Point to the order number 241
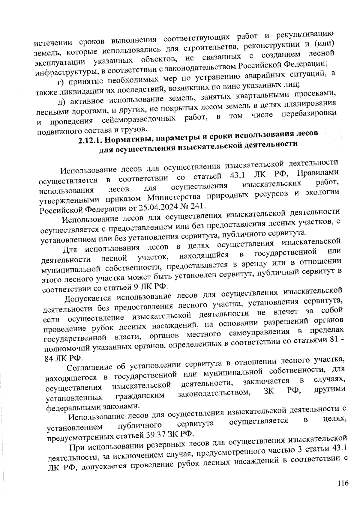coord(198,205)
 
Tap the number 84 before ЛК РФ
coord(48,359)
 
